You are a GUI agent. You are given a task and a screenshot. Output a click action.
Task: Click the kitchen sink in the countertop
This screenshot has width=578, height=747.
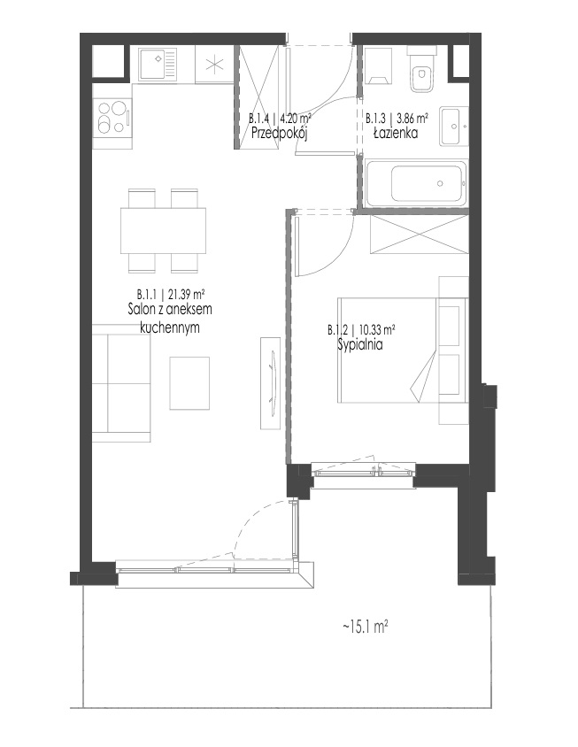pos(158,64)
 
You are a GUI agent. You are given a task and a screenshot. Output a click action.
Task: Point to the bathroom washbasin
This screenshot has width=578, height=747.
pos(453,127)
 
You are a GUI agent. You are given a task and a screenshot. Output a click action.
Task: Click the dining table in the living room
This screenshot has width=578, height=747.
pos(163,231)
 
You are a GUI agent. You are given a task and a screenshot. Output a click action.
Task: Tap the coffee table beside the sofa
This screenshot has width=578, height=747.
pos(189,383)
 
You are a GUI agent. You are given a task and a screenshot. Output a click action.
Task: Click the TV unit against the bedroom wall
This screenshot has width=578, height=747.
pos(270,383)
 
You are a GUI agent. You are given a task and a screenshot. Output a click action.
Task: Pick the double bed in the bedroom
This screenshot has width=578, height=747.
pos(402,350)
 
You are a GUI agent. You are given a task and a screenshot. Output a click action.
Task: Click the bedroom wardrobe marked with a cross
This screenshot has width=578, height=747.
pos(418,235)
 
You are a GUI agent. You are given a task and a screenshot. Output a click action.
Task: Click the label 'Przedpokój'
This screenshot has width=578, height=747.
pos(279,133)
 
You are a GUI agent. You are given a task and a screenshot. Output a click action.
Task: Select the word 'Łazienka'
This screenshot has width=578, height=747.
pos(396,133)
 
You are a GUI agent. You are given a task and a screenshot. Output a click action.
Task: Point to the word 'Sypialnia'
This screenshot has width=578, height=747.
pos(360,345)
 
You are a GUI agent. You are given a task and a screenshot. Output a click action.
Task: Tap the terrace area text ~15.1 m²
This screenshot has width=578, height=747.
pos(365,627)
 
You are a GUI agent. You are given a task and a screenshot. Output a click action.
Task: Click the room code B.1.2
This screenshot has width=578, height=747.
pos(338,330)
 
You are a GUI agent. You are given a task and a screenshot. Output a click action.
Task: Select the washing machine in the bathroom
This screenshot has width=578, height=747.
pos(380,65)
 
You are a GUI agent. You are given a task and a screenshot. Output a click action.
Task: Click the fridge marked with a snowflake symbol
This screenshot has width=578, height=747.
pos(214,64)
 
